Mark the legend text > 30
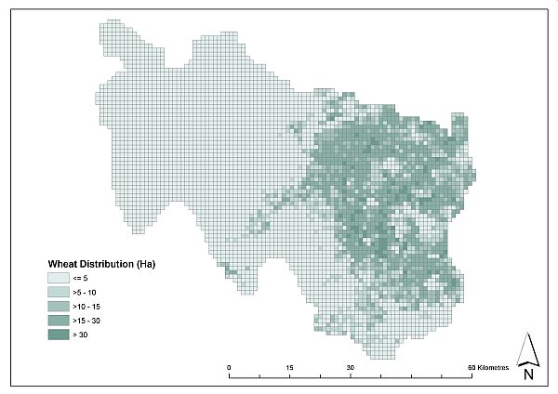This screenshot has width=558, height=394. click(x=82, y=334)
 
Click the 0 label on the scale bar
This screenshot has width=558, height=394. click(x=230, y=368)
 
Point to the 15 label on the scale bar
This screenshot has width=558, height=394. click(x=290, y=368)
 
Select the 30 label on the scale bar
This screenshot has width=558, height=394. click(x=351, y=368)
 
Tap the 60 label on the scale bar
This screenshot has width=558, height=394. click(x=472, y=368)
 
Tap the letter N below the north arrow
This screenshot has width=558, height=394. click(x=527, y=374)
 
